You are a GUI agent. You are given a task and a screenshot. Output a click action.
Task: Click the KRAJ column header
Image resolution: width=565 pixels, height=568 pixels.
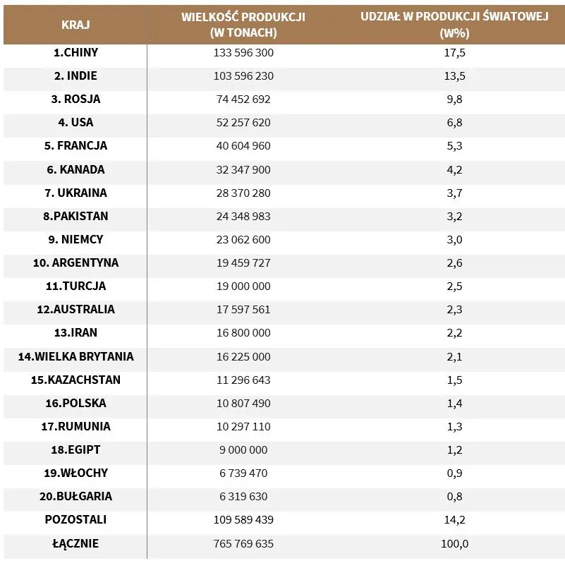coord(75,25)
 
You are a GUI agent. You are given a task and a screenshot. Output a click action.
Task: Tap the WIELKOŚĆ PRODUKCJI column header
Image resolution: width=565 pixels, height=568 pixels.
coord(243,25)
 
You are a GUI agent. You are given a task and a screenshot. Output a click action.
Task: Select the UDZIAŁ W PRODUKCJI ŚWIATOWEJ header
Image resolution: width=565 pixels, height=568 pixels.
coord(454,25)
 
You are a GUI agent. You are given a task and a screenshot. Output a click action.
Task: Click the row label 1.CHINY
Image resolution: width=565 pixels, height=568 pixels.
coord(75,52)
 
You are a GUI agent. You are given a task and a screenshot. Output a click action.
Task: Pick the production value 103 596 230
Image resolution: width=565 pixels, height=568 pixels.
coord(243,76)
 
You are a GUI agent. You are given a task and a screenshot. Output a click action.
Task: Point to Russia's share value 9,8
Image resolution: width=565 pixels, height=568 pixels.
coord(454,99)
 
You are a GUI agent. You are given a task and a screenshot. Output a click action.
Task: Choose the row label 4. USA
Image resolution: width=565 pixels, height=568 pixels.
coord(75,123)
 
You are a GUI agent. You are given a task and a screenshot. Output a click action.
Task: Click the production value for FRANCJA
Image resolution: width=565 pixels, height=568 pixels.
coord(243,146)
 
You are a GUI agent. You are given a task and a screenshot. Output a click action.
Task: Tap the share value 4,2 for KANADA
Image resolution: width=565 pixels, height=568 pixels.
coord(454,169)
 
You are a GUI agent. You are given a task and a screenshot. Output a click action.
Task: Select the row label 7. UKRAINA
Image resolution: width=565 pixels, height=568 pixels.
coord(75,193)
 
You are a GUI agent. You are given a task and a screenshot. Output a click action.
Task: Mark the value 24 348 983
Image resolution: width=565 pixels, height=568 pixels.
coord(243,216)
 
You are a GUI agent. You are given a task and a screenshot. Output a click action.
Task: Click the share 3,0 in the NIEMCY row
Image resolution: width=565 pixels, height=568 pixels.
coord(454,239)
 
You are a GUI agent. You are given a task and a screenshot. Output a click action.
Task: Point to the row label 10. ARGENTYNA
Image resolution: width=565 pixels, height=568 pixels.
coord(75,262)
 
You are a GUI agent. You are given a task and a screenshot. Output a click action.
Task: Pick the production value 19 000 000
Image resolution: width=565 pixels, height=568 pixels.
coord(243,286)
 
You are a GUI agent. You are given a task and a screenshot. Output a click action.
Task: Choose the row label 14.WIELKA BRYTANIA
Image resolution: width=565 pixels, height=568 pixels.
coord(75,356)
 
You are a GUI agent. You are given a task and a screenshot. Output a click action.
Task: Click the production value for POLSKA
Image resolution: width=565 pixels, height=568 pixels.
coord(243,403)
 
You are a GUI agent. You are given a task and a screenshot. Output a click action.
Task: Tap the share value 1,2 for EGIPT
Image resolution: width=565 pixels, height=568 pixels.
coord(454,450)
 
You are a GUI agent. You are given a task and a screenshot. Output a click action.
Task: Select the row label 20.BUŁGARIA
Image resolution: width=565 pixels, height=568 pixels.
coord(75,496)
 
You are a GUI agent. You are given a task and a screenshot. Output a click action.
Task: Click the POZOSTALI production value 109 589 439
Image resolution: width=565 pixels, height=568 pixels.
coord(243,520)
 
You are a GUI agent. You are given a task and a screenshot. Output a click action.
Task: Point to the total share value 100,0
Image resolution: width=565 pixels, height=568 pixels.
coord(454,544)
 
